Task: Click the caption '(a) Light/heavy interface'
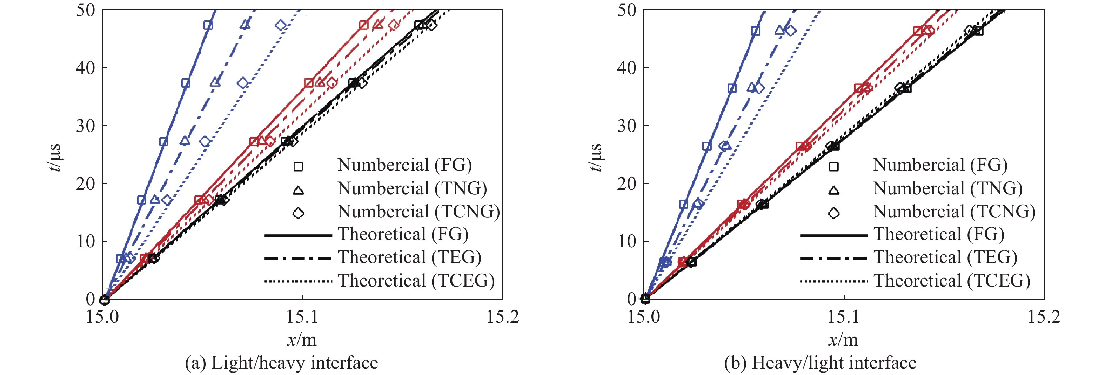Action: pyautogui.click(x=281, y=363)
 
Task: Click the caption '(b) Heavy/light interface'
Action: pyautogui.click(x=820, y=363)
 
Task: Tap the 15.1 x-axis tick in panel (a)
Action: pyautogui.click(x=302, y=317)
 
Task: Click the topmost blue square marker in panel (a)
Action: pyautogui.click(x=208, y=25)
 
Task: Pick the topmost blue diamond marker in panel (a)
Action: pyautogui.click(x=281, y=25)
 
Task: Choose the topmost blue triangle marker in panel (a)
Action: pyautogui.click(x=245, y=25)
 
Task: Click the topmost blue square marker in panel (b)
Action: pyautogui.click(x=755, y=31)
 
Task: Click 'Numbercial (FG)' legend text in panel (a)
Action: pyautogui.click(x=404, y=165)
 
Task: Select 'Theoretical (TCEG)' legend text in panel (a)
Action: pyautogui.click(x=416, y=281)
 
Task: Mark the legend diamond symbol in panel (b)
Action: pyautogui.click(x=834, y=213)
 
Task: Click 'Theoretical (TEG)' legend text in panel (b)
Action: pyautogui.click(x=945, y=257)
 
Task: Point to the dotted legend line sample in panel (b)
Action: pyautogui.click(x=833, y=281)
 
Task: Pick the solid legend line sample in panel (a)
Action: pyautogui.click(x=298, y=235)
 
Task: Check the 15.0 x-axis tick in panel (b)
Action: pyautogui.click(x=644, y=317)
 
